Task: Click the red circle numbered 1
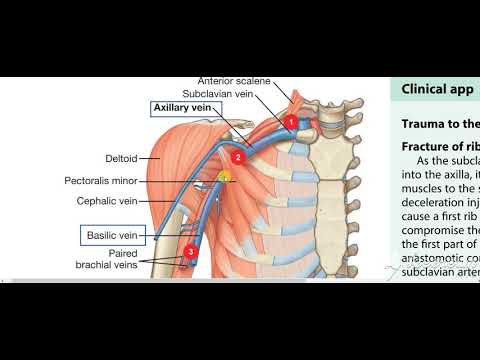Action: (291, 122)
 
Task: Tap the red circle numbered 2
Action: (237, 157)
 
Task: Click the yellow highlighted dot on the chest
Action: (225, 177)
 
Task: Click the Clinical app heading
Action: (438, 88)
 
